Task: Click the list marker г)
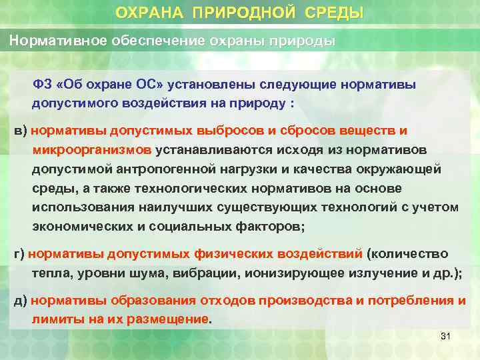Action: pyautogui.click(x=19, y=254)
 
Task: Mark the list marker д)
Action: pyautogui.click(x=21, y=300)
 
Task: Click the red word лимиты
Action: pyautogui.click(x=53, y=319)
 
